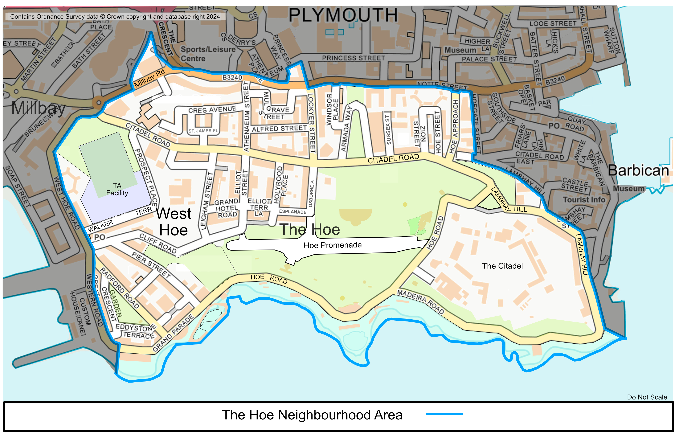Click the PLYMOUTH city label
click(x=343, y=15)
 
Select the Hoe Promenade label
click(x=332, y=245)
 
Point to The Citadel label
click(x=502, y=266)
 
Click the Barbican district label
click(x=638, y=171)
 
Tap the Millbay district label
click(x=38, y=108)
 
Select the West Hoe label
click(x=173, y=222)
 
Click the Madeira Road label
click(x=420, y=302)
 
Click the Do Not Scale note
click(x=647, y=397)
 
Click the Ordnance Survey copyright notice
click(x=115, y=16)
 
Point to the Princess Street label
click(x=353, y=58)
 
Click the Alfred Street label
click(x=279, y=129)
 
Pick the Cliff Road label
click(x=158, y=244)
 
